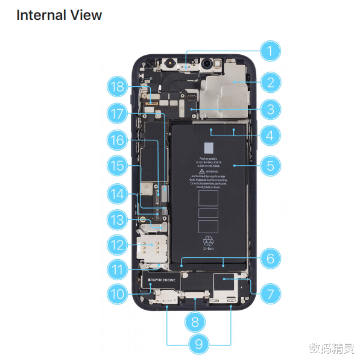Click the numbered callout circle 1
pos(270,51)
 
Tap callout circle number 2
pos(270,83)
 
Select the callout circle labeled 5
pos(270,164)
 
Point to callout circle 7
pos(270,294)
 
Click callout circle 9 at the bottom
pos(198,344)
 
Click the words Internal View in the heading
pos(59,15)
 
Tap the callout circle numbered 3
pos(270,109)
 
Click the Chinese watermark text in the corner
pos(332,348)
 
